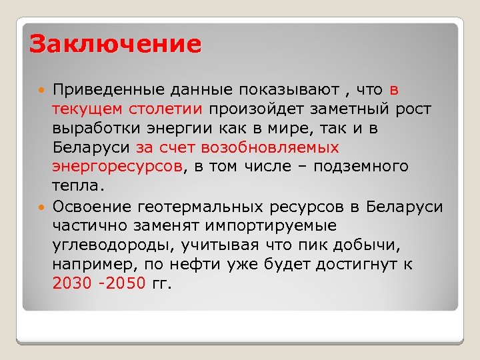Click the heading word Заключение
pos(115,44)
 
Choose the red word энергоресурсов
pos(117,166)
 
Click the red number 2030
pos(71,283)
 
